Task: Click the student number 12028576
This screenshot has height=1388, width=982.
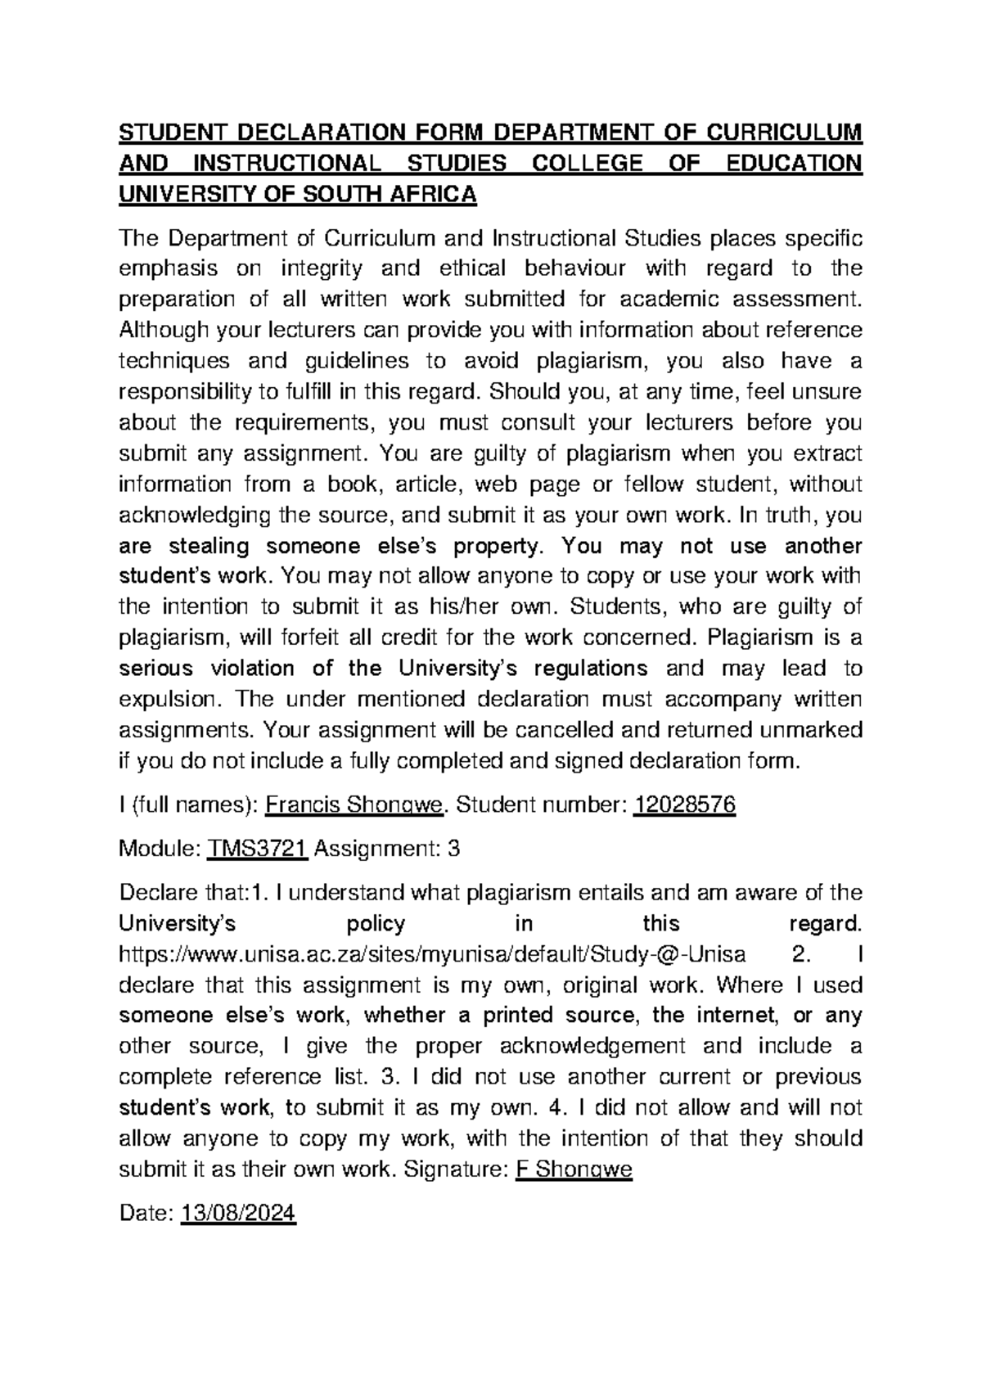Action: tap(685, 806)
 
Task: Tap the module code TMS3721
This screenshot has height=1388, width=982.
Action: tap(257, 849)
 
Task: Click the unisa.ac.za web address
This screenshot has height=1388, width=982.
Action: tap(432, 954)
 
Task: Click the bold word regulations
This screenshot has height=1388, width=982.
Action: tap(591, 669)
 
